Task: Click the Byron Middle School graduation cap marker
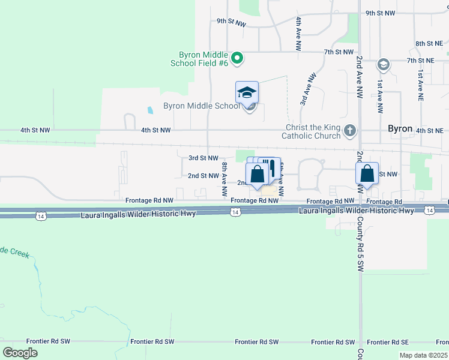tap(247, 93)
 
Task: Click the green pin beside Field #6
tap(237, 58)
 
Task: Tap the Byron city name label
tap(400, 129)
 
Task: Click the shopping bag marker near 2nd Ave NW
tap(367, 174)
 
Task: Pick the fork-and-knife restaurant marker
tap(272, 168)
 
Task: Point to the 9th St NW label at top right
tap(380, 13)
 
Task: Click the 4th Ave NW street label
tap(298, 32)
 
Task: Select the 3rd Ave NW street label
tap(308, 90)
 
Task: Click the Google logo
tap(20, 352)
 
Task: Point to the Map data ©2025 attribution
tap(423, 355)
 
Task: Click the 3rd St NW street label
tap(203, 158)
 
